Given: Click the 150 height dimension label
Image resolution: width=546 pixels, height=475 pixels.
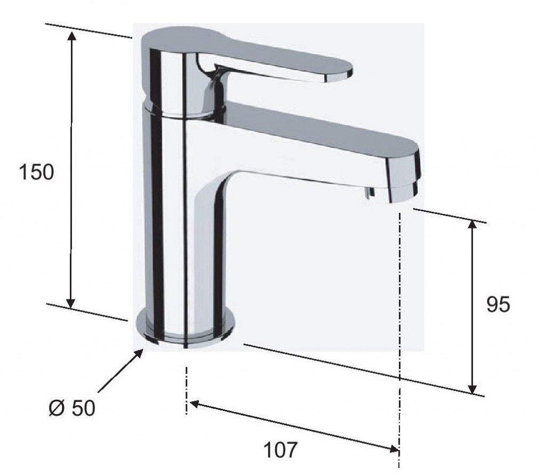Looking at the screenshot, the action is point(37,172).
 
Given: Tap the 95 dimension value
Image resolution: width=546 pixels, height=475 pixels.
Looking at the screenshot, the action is point(498,305).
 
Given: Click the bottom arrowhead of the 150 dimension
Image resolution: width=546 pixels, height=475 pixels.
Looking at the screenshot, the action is point(71,303).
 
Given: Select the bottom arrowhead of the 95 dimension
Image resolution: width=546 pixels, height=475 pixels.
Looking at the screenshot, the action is point(472,389).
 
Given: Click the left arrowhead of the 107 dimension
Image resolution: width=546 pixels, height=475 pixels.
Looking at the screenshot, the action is point(194,404).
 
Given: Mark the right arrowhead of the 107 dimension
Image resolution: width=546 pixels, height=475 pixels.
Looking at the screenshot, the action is point(394,449).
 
